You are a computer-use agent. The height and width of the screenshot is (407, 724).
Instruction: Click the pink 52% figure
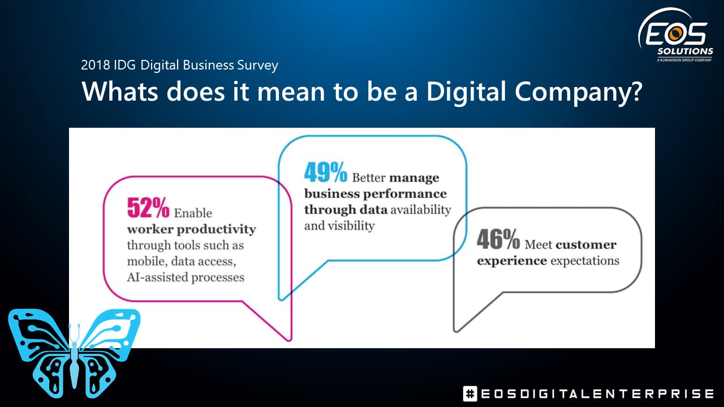(x=148, y=207)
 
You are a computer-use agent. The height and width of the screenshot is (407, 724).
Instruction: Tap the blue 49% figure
(x=325, y=172)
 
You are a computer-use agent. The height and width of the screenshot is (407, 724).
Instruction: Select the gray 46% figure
(x=498, y=239)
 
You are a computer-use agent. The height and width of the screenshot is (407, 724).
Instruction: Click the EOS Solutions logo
(x=676, y=35)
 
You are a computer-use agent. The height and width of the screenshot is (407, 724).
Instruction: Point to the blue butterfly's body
(x=74, y=365)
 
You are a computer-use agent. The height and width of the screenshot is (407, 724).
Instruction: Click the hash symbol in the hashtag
(x=470, y=394)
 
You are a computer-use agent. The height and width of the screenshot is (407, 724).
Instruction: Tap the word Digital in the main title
(x=466, y=92)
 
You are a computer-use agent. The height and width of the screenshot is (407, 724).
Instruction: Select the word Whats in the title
(x=119, y=92)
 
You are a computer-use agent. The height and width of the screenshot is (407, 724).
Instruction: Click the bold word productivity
(x=216, y=230)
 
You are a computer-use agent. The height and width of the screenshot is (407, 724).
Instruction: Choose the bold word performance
(x=404, y=194)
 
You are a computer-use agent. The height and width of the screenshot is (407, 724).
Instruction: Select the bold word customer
(x=586, y=245)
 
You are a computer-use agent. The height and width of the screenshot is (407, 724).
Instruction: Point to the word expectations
(x=585, y=261)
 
